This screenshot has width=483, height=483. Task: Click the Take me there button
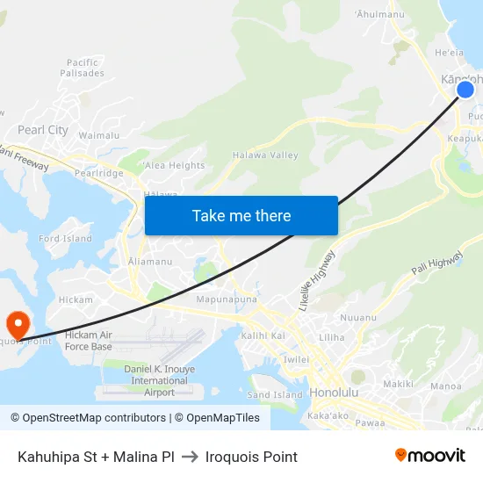(x=241, y=215)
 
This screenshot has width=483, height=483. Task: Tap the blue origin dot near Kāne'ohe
(x=465, y=89)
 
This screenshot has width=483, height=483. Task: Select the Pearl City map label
(x=43, y=130)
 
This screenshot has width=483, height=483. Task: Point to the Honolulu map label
(x=334, y=393)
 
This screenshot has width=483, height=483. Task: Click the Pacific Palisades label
(x=85, y=68)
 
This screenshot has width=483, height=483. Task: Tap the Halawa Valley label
(x=265, y=155)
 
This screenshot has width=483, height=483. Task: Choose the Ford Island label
(x=65, y=239)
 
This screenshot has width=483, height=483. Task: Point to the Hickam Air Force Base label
(x=89, y=341)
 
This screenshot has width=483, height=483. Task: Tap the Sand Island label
(x=275, y=395)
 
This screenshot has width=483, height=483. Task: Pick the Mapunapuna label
(x=226, y=299)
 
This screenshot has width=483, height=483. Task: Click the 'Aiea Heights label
(x=174, y=165)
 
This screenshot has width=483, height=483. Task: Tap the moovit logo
(x=429, y=456)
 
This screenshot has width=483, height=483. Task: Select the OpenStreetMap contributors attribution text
(x=89, y=418)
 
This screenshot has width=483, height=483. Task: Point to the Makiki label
(x=398, y=384)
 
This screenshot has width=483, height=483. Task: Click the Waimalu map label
(x=99, y=135)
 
